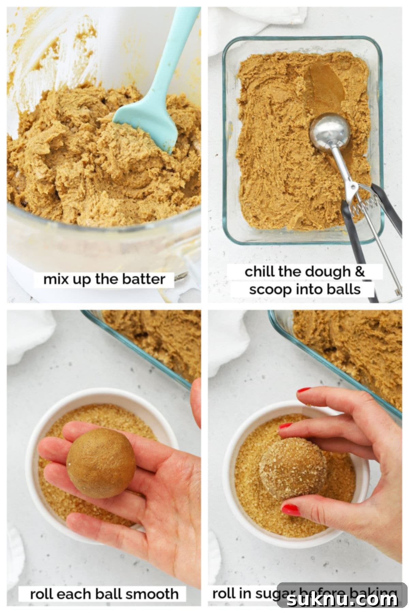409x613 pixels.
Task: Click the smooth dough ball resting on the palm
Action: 101,463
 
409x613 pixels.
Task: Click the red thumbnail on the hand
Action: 291,510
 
